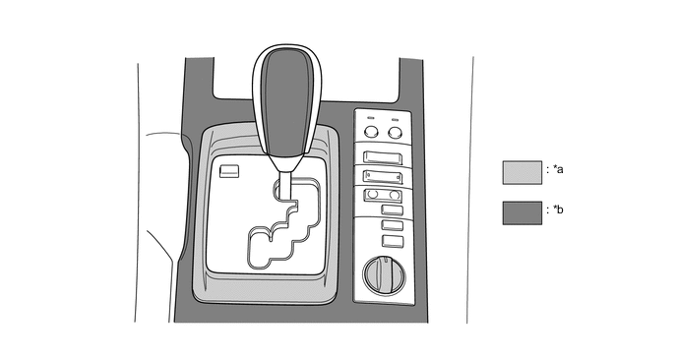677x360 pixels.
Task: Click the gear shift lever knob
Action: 287,103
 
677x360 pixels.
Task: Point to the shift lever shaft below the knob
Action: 285,186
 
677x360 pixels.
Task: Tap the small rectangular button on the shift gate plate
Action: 229,171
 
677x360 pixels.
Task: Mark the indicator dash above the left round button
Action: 370,118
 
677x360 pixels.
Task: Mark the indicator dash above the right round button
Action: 395,118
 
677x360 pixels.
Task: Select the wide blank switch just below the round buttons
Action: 383,157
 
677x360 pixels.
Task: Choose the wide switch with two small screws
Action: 383,177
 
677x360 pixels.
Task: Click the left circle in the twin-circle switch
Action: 374,194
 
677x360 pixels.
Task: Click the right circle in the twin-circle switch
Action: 395,195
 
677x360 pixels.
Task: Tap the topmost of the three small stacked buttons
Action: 392,210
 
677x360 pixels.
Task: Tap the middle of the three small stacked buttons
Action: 392,225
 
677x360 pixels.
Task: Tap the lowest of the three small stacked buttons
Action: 393,241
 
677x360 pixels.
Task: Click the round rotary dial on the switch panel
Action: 385,275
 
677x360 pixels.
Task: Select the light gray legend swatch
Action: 522,173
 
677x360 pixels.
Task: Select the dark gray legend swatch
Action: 522,213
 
